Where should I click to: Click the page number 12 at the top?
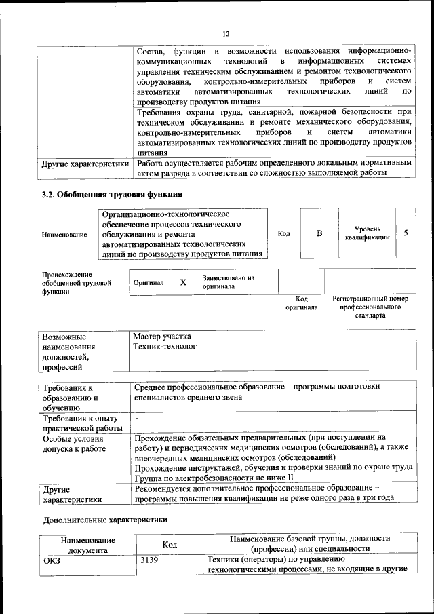click(226, 33)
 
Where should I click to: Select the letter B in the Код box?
click(319, 233)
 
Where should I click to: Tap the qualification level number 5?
click(406, 233)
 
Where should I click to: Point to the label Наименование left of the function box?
click(64, 235)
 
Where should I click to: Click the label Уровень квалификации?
click(366, 233)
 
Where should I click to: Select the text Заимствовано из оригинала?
click(228, 282)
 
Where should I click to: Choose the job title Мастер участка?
click(162, 337)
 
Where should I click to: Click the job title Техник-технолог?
click(165, 347)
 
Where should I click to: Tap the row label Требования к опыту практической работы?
click(80, 423)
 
